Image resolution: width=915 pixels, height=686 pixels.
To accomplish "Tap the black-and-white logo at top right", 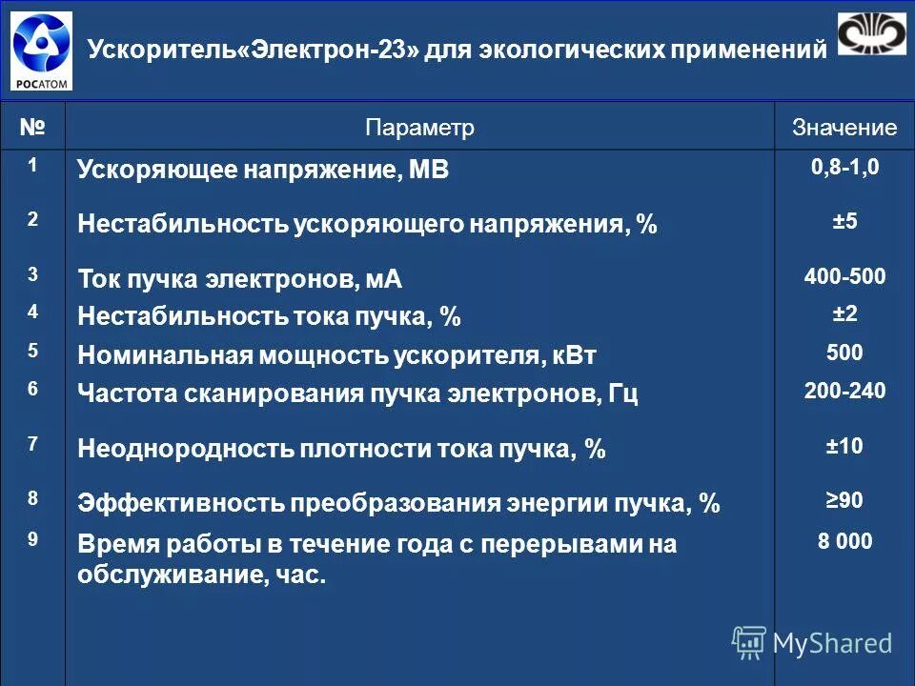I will pos(871,34).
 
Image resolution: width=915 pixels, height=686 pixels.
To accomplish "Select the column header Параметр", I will pos(419,128).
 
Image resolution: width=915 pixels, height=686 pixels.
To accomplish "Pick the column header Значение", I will pos(844,128).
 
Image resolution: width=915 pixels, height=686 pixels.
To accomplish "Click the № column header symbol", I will pos(32,126).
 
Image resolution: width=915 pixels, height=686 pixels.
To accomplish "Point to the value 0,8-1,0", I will pos(844,168).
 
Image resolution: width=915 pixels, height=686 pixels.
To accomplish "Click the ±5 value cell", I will pos(844,221).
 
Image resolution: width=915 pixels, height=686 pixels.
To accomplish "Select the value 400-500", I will pos(844,277).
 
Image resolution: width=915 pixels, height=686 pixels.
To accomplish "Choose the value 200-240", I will pos(844,390).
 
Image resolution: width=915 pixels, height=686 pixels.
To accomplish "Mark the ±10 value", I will pos(844,445).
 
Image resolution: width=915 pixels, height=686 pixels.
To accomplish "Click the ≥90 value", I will pos(844,499).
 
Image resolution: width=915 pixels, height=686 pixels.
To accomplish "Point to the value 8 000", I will pos(844,541).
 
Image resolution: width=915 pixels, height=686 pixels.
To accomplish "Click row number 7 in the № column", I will pos(32,444).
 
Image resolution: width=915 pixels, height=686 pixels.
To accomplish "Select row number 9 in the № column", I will pos(32,539).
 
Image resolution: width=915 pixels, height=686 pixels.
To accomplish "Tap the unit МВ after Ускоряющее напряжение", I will pos(429,171).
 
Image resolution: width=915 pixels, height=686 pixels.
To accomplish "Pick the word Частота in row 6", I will pos(123,393).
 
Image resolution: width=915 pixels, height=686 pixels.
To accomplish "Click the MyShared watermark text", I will pos(832,644).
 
